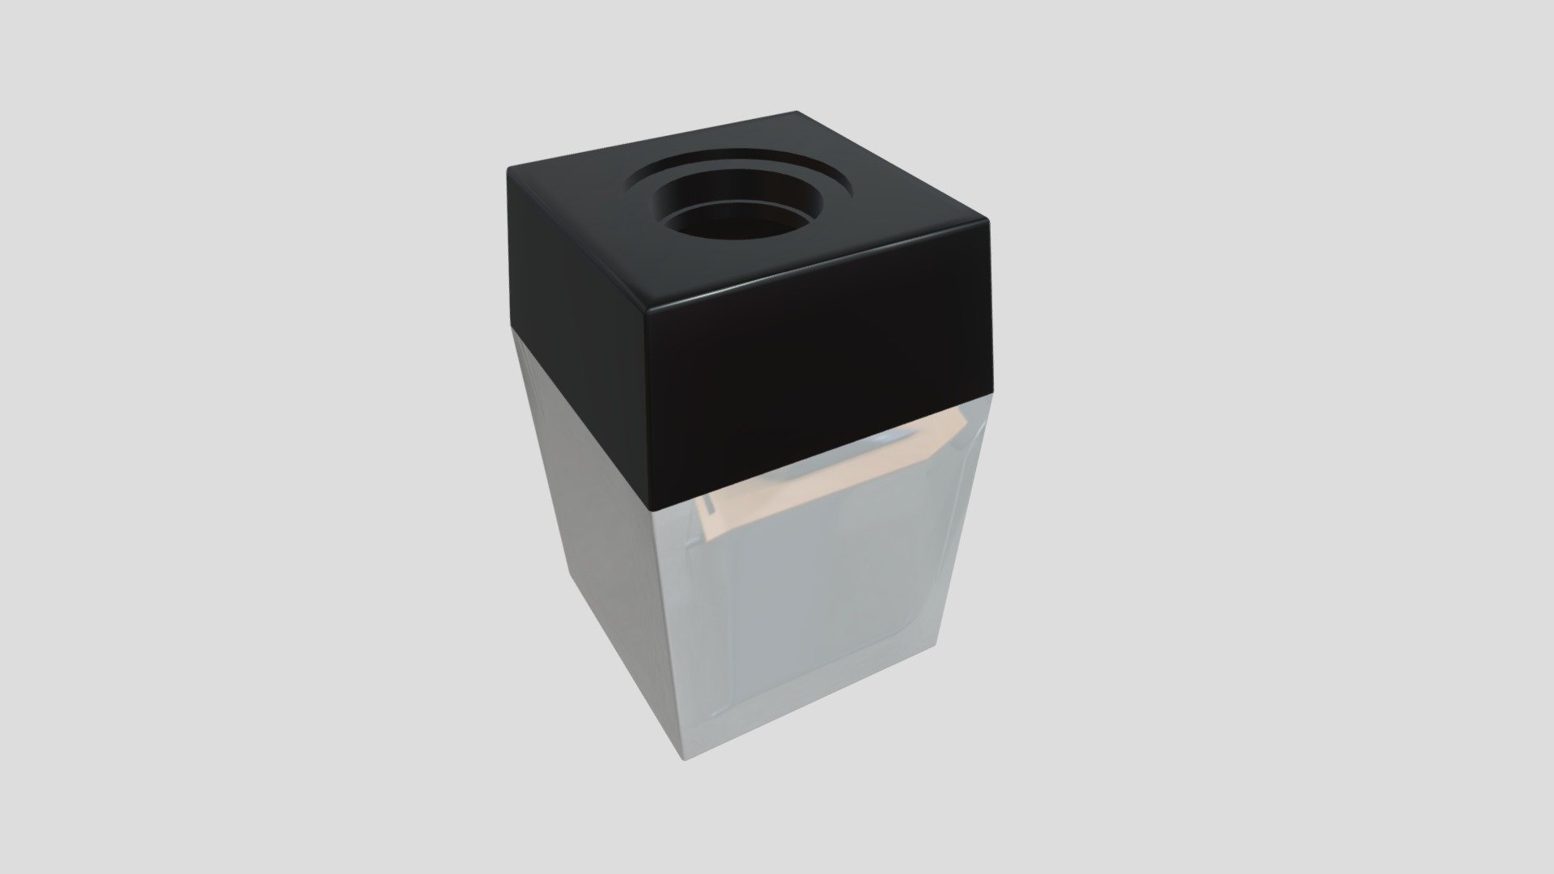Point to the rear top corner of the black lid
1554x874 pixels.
pyautogui.click(x=796, y=113)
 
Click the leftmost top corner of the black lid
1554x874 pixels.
pyautogui.click(x=510, y=168)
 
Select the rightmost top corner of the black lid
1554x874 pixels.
pyautogui.click(x=988, y=218)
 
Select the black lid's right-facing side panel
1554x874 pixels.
pyautogui.click(x=817, y=380)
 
